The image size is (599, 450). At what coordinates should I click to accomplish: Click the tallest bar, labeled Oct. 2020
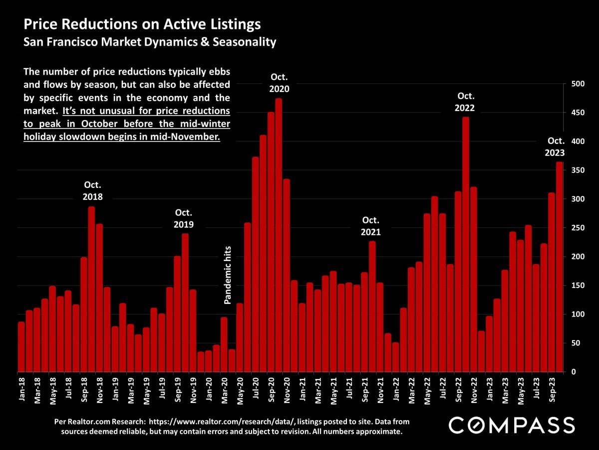click(x=279, y=235)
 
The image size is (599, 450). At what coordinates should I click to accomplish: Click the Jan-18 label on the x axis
click(x=21, y=389)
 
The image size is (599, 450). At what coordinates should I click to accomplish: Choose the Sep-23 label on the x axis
click(x=552, y=389)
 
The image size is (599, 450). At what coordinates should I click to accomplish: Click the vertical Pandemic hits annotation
click(x=228, y=274)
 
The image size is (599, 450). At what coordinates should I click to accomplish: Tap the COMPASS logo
click(x=512, y=425)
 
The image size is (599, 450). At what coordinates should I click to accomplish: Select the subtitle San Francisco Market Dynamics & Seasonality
click(x=150, y=42)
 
